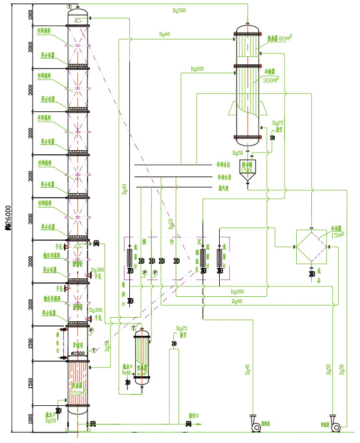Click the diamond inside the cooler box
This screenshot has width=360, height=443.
pos(312,247)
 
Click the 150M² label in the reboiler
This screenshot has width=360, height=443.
pos(78,393)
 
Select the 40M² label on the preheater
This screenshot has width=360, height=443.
pos(141,373)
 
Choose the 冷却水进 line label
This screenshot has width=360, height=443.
pos(223,177)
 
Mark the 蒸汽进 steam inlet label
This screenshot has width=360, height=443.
pos(223,187)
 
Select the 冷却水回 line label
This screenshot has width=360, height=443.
pos(223,165)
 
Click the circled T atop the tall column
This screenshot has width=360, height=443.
pos(70,6)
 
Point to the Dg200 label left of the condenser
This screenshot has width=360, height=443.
pos(197,69)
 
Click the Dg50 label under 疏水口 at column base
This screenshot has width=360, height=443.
pos(51,420)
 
